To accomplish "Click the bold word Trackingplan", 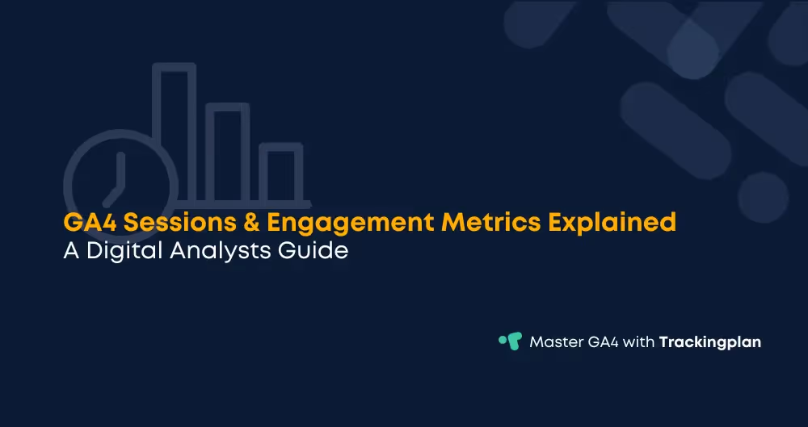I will pos(710,342).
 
